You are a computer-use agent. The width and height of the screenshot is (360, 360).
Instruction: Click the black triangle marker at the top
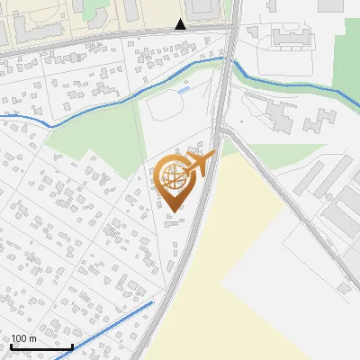(x=181, y=24)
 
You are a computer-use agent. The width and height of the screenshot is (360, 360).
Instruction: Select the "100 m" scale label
(x=24, y=338)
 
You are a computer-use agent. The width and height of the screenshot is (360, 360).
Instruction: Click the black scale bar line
(x=41, y=346)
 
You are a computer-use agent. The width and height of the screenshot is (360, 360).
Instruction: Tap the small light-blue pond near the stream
(x=184, y=89)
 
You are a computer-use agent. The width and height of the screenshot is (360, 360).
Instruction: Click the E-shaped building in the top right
(x=290, y=37)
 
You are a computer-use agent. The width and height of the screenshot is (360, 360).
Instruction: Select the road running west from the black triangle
(x=90, y=40)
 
